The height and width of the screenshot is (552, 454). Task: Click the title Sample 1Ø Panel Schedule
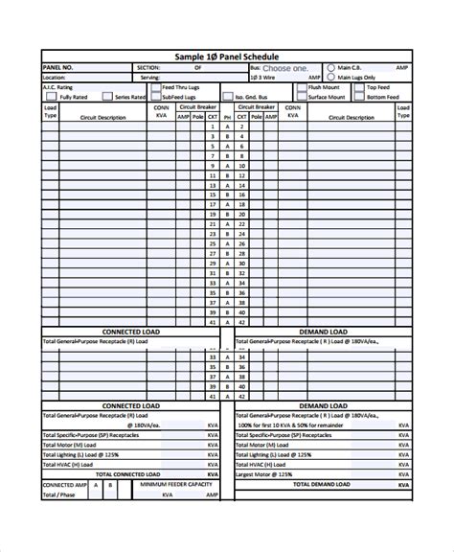(226, 57)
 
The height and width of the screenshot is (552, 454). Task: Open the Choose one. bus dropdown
(285, 69)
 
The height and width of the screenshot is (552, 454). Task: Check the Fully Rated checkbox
(55, 97)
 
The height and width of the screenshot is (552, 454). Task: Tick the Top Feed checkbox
(360, 87)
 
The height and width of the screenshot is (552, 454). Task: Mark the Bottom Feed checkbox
(360, 97)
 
